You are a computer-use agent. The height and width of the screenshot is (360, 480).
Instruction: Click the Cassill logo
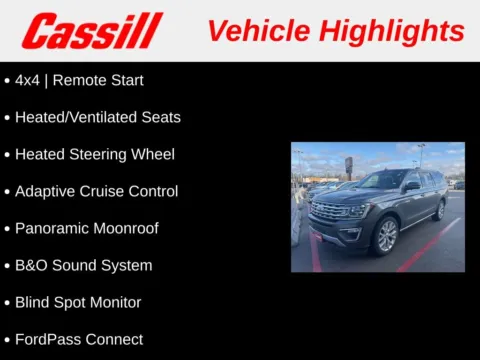92,30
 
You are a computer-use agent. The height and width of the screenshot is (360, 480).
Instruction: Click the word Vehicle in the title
256,30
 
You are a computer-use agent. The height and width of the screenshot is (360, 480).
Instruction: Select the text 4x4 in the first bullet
28,80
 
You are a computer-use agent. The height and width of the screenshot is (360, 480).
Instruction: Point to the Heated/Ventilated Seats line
97,117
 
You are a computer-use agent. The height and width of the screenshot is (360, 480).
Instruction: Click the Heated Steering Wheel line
94,154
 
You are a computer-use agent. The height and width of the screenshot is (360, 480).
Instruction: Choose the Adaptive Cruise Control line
96,191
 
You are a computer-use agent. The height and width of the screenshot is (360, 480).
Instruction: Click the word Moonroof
125,228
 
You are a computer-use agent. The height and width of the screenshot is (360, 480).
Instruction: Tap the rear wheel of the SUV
439,210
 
